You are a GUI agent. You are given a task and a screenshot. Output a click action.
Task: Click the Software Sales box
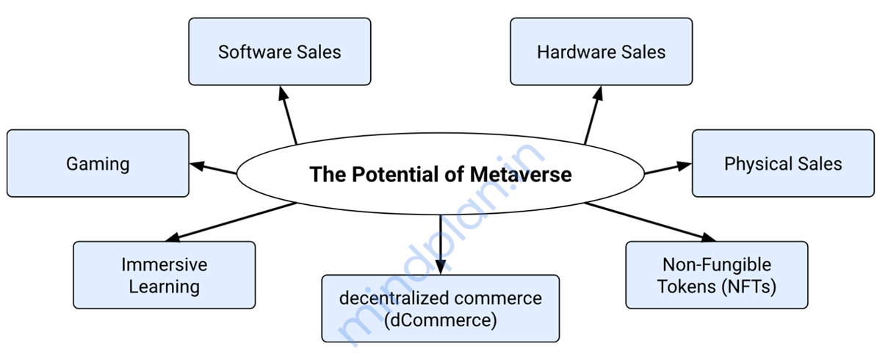[x=279, y=52]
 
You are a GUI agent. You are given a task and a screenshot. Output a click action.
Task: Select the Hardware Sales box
[x=601, y=52]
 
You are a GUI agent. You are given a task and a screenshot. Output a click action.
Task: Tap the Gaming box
[x=98, y=163]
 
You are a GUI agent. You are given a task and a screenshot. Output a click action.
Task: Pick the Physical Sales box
[x=783, y=163]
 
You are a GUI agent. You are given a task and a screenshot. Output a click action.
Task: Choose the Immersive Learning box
[x=164, y=275]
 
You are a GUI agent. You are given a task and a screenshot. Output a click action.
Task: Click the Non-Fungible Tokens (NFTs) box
[x=716, y=275]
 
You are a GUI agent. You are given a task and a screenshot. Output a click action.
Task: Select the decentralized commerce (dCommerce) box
[x=440, y=309]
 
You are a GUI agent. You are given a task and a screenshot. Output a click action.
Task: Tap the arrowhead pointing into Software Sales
[x=282, y=93]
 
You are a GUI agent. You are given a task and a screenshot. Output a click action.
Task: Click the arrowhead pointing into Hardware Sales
[x=599, y=93]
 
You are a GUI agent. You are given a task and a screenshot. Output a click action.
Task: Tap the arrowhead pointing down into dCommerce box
[x=440, y=267]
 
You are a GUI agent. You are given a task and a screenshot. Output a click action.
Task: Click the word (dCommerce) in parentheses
[x=440, y=320]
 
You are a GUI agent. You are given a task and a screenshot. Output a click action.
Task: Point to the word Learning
[x=164, y=286]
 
